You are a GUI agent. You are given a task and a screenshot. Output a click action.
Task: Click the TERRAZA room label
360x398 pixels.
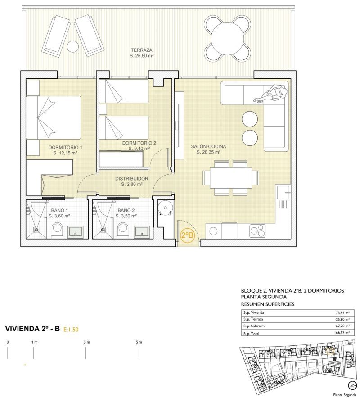[142, 50]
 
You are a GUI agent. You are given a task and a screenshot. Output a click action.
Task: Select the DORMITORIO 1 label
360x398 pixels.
[65, 147]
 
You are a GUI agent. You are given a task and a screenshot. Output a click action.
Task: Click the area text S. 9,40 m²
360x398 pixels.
[139, 149]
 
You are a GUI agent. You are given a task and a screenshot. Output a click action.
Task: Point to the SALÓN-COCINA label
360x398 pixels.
[208, 146]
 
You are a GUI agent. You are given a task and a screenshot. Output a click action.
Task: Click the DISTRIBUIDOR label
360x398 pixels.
[132, 179]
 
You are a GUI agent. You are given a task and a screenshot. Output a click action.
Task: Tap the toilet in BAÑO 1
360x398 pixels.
[57, 230]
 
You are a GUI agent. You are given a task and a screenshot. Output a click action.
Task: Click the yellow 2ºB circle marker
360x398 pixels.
[188, 235]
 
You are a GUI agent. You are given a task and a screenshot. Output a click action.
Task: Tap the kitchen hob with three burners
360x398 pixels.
[257, 231]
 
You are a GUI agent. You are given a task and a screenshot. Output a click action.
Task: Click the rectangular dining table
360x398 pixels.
[231, 177]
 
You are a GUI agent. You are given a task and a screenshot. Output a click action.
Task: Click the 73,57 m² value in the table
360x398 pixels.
[342, 313]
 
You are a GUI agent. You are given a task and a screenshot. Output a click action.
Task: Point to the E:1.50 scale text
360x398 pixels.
[71, 330]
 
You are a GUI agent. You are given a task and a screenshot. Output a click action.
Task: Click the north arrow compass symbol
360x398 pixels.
[352, 385]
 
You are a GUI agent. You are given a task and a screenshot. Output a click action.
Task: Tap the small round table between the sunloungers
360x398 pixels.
[73, 46]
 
